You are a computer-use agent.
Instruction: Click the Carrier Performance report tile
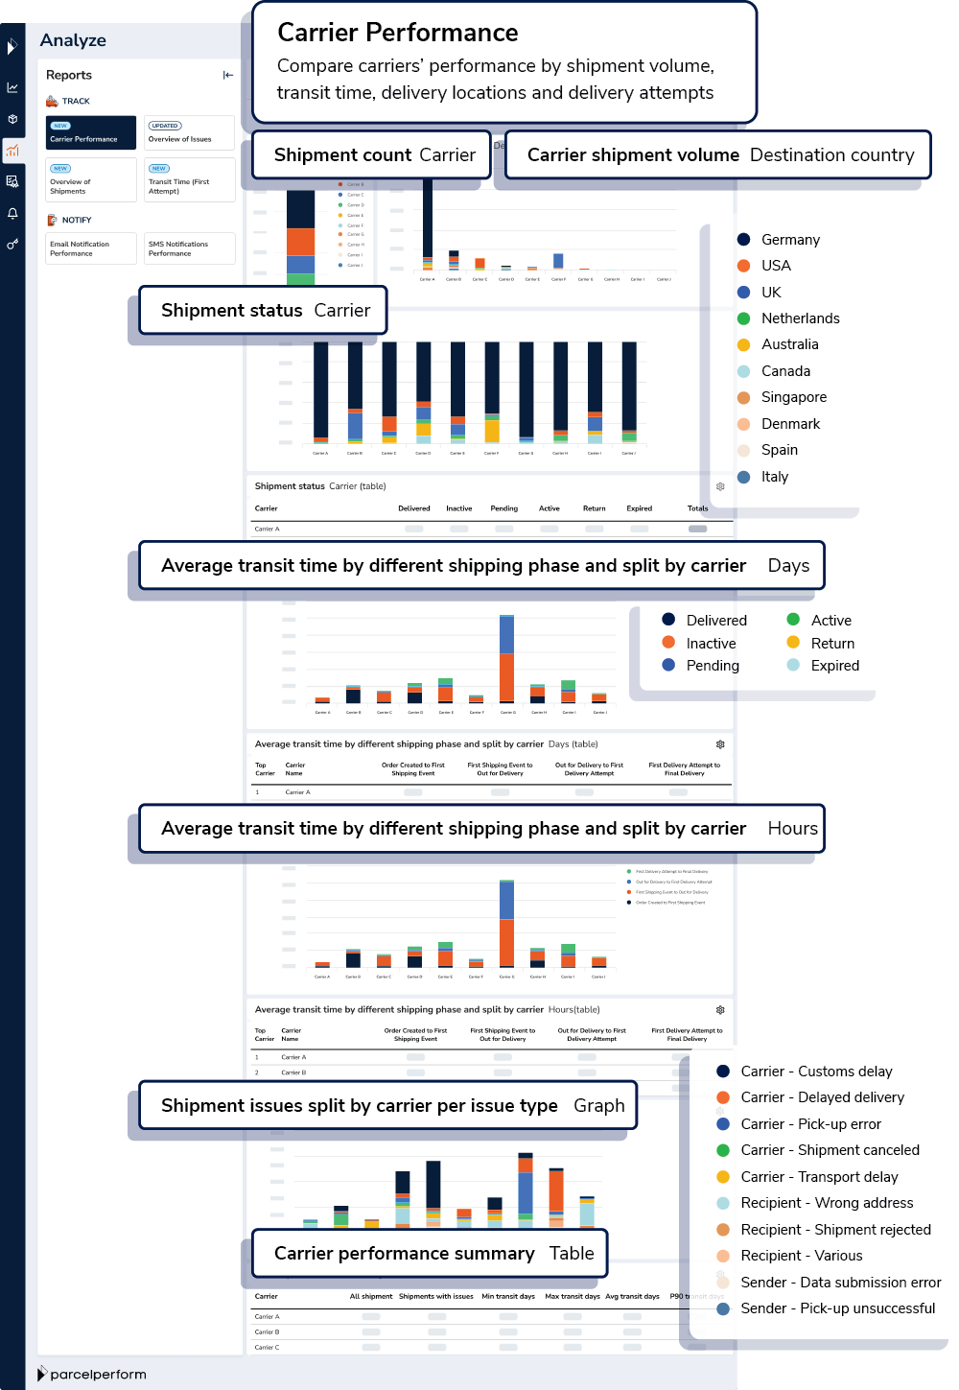tap(91, 132)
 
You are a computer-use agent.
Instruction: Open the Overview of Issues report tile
tap(189, 132)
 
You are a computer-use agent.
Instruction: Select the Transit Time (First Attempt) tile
tap(189, 180)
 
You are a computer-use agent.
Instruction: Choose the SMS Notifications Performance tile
tap(189, 248)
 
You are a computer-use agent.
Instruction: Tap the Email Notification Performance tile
tap(91, 248)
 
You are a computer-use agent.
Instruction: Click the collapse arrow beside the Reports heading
tap(228, 75)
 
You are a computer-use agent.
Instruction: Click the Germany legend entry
tap(789, 240)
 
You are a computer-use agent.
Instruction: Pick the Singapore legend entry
tap(793, 397)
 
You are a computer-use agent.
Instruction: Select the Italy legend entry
tap(774, 477)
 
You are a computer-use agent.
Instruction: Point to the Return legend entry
tap(831, 644)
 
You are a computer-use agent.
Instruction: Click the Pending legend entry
tap(712, 666)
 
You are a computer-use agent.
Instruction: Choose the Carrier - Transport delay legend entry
tap(819, 1177)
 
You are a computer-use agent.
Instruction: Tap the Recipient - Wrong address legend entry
tap(827, 1203)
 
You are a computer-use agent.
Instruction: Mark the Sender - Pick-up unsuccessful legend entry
tap(837, 1308)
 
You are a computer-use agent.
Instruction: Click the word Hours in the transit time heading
tap(792, 829)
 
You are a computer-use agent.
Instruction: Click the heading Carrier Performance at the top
tap(398, 33)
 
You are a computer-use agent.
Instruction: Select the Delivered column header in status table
tap(414, 508)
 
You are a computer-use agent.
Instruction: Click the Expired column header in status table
tap(639, 508)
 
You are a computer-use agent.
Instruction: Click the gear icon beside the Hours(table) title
tap(720, 1010)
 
